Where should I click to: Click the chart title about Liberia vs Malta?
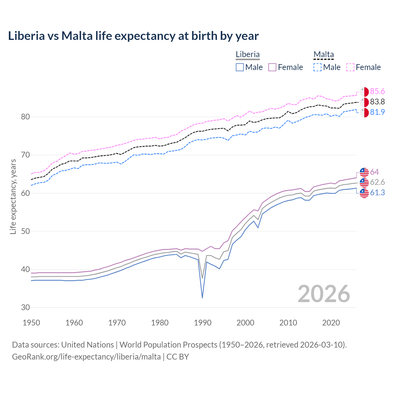133,36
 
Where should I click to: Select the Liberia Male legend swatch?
240,67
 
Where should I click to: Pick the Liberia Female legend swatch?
272,67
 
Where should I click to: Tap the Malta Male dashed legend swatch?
317,67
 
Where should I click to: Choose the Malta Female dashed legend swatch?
350,67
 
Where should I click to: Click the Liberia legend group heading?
247,54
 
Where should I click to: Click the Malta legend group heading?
324,54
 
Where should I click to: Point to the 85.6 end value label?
377,91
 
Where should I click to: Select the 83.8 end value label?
377,102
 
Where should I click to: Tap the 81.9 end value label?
377,112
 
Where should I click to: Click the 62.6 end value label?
377,182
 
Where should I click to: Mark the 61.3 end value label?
377,193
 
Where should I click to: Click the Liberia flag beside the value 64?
364,172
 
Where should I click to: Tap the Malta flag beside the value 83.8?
364,102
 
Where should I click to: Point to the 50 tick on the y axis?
25,231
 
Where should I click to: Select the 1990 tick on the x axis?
203,323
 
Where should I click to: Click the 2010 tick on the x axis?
288,323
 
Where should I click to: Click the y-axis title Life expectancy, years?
13,196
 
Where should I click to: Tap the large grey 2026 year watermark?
324,294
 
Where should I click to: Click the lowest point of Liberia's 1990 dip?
202,298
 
